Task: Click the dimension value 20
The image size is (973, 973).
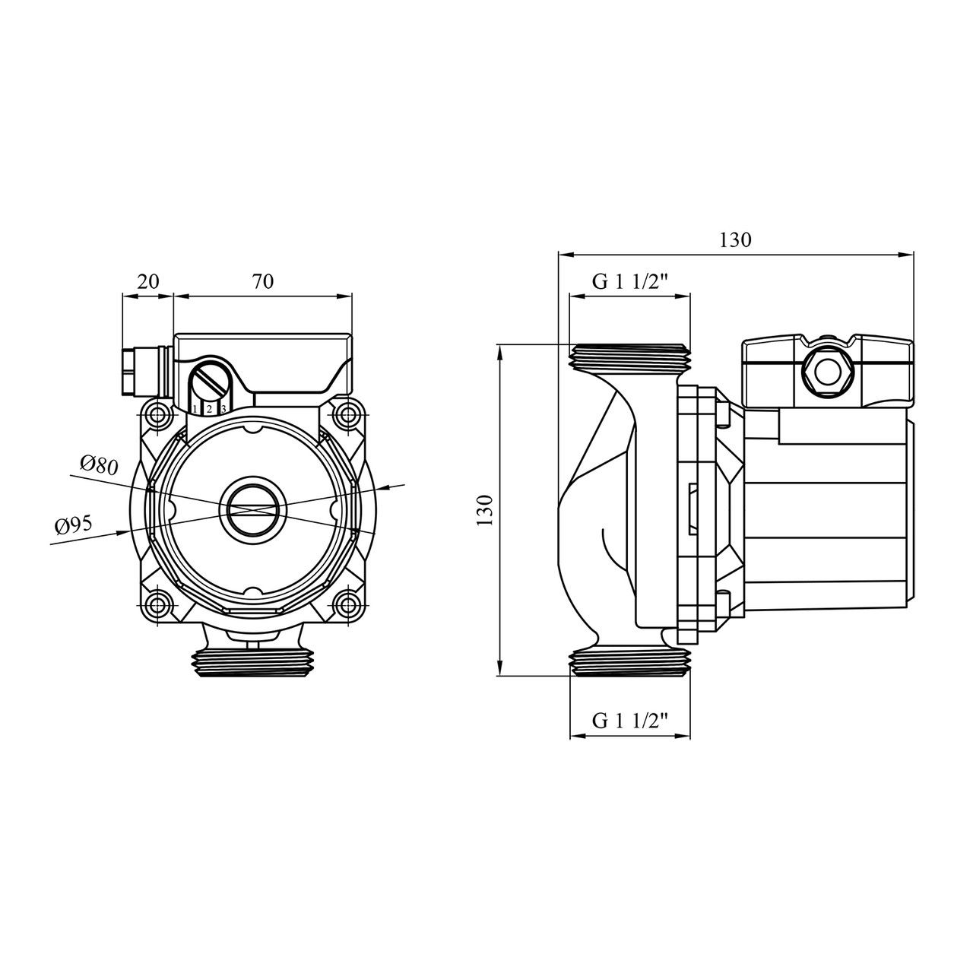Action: pyautogui.click(x=148, y=280)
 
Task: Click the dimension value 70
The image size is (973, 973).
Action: pyautogui.click(x=262, y=280)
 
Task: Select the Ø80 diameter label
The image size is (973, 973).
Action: pyautogui.click(x=99, y=464)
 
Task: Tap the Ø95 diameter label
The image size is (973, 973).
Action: pyautogui.click(x=74, y=524)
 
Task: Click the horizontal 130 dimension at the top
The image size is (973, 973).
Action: pyautogui.click(x=735, y=240)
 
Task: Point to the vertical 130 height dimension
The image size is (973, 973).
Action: pyautogui.click(x=486, y=509)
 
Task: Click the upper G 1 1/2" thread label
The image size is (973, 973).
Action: pyautogui.click(x=630, y=282)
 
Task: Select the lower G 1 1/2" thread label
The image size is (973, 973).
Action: pyautogui.click(x=630, y=721)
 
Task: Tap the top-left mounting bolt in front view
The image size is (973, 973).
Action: pyautogui.click(x=159, y=416)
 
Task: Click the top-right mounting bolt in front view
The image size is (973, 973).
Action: pyautogui.click(x=348, y=416)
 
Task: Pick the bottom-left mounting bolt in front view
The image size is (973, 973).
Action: pyautogui.click(x=159, y=605)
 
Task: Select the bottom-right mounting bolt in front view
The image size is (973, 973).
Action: pyautogui.click(x=348, y=605)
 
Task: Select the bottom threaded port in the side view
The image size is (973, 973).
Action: pyautogui.click(x=630, y=662)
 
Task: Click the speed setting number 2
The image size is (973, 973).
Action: pyautogui.click(x=209, y=410)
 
